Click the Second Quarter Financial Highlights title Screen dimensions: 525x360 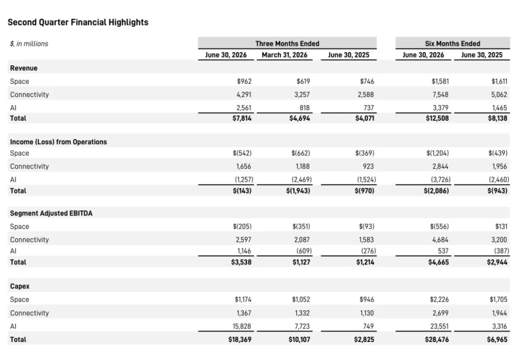pos(78,22)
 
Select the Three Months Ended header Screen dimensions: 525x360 pos(287,44)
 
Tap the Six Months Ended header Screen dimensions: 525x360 pos(453,44)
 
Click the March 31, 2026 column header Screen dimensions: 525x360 pos(284,55)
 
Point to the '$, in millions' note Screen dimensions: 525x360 pos(29,44)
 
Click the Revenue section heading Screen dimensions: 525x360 pos(24,68)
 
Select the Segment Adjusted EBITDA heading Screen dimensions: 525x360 pos(51,213)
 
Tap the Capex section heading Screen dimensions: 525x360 pos(20,286)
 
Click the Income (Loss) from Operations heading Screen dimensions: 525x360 pos(58,142)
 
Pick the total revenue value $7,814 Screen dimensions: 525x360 pos(242,118)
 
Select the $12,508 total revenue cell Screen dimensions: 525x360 pos(437,118)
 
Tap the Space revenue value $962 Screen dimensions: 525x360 pos(244,81)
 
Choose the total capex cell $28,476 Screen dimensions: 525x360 pos(437,340)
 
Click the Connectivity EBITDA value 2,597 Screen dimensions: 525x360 pos(243,240)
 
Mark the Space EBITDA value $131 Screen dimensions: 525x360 pos(501,227)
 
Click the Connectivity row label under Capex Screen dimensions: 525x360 pos(30,313)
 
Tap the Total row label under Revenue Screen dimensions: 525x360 pos(18,118)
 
